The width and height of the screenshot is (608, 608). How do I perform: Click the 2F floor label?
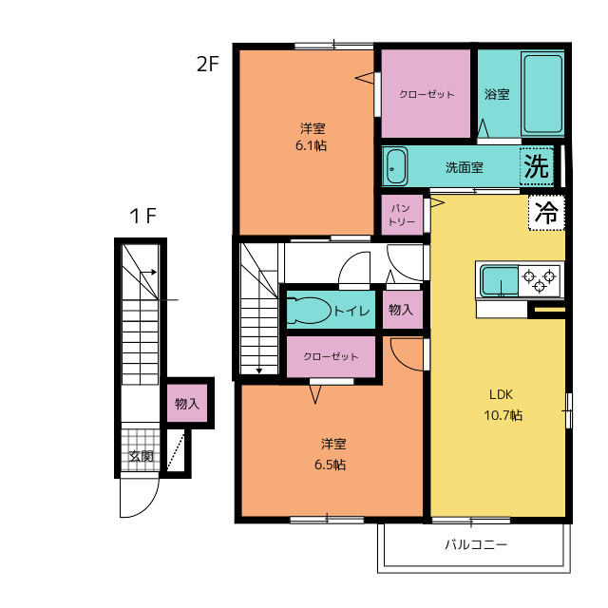(208, 64)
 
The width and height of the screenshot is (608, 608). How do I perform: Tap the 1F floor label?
(143, 216)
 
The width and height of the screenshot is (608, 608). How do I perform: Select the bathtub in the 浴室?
(542, 94)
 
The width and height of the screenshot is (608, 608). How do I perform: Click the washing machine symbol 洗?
(537, 167)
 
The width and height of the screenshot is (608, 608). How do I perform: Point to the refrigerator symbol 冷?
(546, 213)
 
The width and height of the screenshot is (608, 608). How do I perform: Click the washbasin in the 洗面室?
(395, 167)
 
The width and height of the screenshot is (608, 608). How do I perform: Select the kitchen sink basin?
(500, 281)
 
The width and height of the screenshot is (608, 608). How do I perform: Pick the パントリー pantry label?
(402, 215)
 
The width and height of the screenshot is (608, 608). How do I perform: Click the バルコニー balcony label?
(476, 544)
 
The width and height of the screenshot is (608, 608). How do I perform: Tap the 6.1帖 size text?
(312, 145)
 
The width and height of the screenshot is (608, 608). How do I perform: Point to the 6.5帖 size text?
(330, 465)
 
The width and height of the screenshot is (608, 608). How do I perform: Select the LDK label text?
(501, 395)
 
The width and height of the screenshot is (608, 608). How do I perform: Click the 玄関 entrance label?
(141, 456)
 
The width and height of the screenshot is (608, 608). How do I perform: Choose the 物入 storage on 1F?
(187, 404)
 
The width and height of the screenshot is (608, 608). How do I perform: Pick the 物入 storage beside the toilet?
(402, 310)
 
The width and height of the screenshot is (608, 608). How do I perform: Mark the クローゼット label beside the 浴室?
(427, 94)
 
